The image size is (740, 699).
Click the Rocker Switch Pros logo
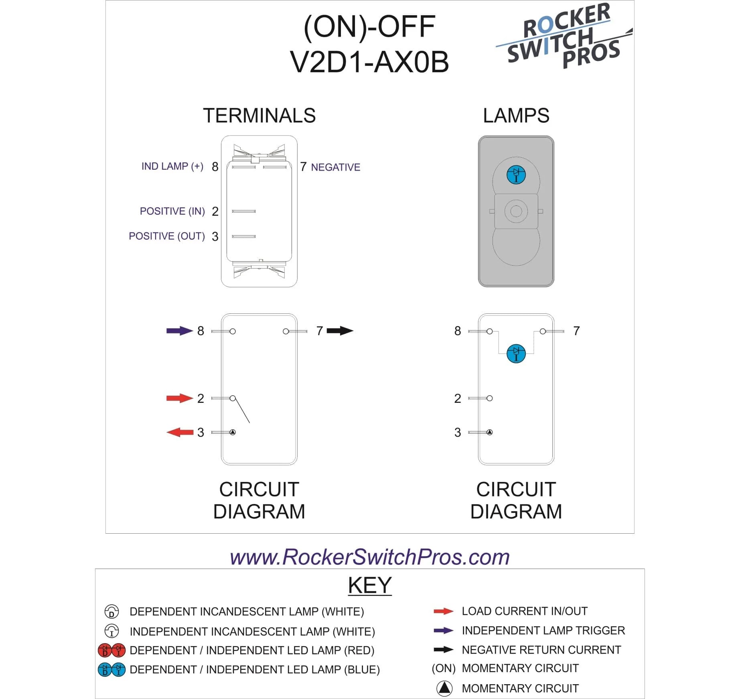564,36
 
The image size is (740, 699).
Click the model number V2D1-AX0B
369,62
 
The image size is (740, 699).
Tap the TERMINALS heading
259,116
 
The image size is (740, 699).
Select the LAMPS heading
516,116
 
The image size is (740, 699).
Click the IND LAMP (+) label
172,166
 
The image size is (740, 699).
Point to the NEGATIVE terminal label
335,167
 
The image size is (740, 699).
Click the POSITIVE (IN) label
172,211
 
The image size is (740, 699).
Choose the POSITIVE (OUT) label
166,236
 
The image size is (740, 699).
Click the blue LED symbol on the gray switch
516,175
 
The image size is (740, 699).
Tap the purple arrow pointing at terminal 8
179,331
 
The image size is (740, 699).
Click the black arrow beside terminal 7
340,331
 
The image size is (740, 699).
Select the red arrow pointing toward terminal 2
179,398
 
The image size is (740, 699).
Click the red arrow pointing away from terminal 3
179,432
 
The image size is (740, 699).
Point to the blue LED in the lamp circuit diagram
516,354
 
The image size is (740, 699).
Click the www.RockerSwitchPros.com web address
369,557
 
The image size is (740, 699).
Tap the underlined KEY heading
369,585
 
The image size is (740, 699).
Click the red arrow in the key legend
443,611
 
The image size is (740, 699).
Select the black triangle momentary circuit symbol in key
444,688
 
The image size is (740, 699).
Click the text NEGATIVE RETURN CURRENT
541,650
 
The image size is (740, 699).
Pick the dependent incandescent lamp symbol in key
112,612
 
